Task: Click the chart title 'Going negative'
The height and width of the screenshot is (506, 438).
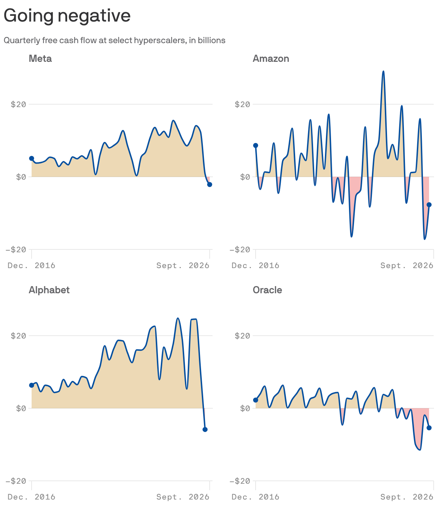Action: click(67, 16)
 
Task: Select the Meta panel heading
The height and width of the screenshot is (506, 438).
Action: click(40, 59)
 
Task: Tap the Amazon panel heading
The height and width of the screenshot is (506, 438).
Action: click(271, 59)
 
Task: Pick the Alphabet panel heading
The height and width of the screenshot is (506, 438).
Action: click(49, 290)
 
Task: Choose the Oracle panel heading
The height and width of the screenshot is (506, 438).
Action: click(267, 290)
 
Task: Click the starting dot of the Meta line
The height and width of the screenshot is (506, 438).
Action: click(32, 158)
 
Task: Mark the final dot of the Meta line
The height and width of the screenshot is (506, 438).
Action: click(210, 185)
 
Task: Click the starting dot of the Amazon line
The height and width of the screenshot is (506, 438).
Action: click(256, 146)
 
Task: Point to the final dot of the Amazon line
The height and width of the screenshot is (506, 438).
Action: click(429, 204)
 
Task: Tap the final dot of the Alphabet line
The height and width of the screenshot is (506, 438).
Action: click(205, 429)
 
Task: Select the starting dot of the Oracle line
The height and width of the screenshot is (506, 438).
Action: click(256, 400)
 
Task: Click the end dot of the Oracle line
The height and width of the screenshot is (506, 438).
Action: click(429, 428)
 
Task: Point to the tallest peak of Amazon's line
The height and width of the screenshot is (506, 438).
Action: click(383, 71)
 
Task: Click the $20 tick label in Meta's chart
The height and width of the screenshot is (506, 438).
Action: click(18, 105)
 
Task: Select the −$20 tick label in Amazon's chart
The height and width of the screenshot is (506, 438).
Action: click(240, 250)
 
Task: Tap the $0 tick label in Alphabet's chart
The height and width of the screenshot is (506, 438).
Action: click(21, 408)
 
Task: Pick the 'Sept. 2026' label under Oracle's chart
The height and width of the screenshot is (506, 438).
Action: click(407, 497)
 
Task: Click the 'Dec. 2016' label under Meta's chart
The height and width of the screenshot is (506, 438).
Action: click(32, 265)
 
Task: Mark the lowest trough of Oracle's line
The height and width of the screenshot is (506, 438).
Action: click(420, 450)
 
